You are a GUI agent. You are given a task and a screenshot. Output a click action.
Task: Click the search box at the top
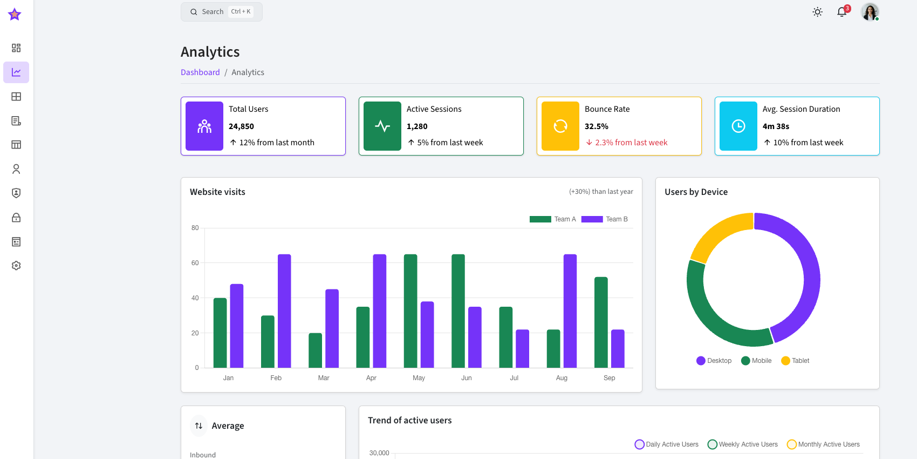coord(221,12)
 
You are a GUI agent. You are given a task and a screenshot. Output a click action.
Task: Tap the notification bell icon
coord(841,12)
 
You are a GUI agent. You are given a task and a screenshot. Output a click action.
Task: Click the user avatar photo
coord(870,12)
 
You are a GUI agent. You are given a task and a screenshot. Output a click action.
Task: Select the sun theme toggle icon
coord(817,12)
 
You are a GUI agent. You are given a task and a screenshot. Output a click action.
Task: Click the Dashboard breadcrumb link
coord(200,72)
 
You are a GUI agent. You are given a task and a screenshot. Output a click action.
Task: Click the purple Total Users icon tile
coord(204,126)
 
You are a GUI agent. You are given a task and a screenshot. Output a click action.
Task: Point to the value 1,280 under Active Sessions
coord(417,126)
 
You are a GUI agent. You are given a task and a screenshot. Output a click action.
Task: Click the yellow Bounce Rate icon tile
coord(560,126)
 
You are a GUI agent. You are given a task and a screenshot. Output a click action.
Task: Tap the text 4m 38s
coord(776,126)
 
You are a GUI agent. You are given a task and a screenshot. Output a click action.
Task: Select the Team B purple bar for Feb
coord(284,311)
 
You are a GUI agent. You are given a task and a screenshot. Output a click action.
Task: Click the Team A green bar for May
coord(410,311)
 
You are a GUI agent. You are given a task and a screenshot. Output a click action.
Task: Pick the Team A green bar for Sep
coord(601,322)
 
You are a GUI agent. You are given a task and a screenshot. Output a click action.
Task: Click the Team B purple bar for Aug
coord(570,311)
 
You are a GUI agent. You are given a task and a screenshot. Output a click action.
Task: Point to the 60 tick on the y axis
coord(195,263)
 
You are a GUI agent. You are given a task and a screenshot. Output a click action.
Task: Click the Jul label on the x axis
coord(514,378)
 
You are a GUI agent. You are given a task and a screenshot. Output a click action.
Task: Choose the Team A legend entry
coord(553,219)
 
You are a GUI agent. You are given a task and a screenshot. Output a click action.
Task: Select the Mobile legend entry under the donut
coord(756,361)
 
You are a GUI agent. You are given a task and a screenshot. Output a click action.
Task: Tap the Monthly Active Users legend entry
coord(824,444)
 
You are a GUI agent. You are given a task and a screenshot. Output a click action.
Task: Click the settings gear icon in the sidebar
coord(16,266)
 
